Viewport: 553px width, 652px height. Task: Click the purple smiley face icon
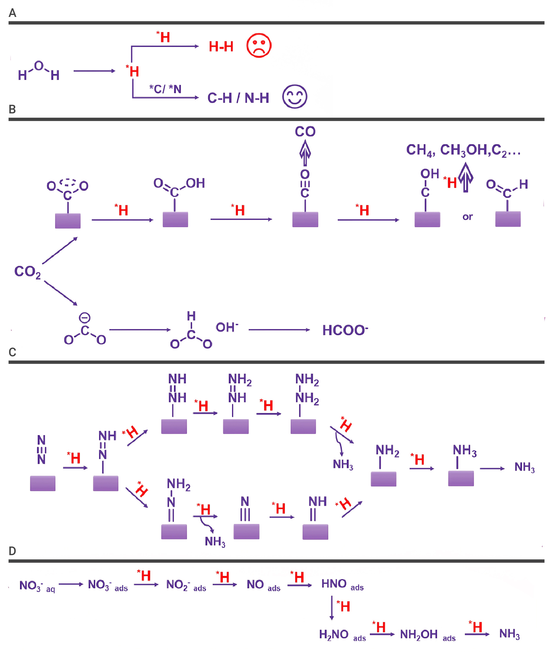coord(294,96)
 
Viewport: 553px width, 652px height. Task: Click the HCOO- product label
coord(345,330)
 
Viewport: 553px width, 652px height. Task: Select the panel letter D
coord(12,551)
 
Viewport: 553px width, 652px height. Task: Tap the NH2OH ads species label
coord(428,635)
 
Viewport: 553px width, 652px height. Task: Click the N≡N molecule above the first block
coord(41,450)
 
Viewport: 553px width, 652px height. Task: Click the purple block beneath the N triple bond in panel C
coord(246,532)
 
